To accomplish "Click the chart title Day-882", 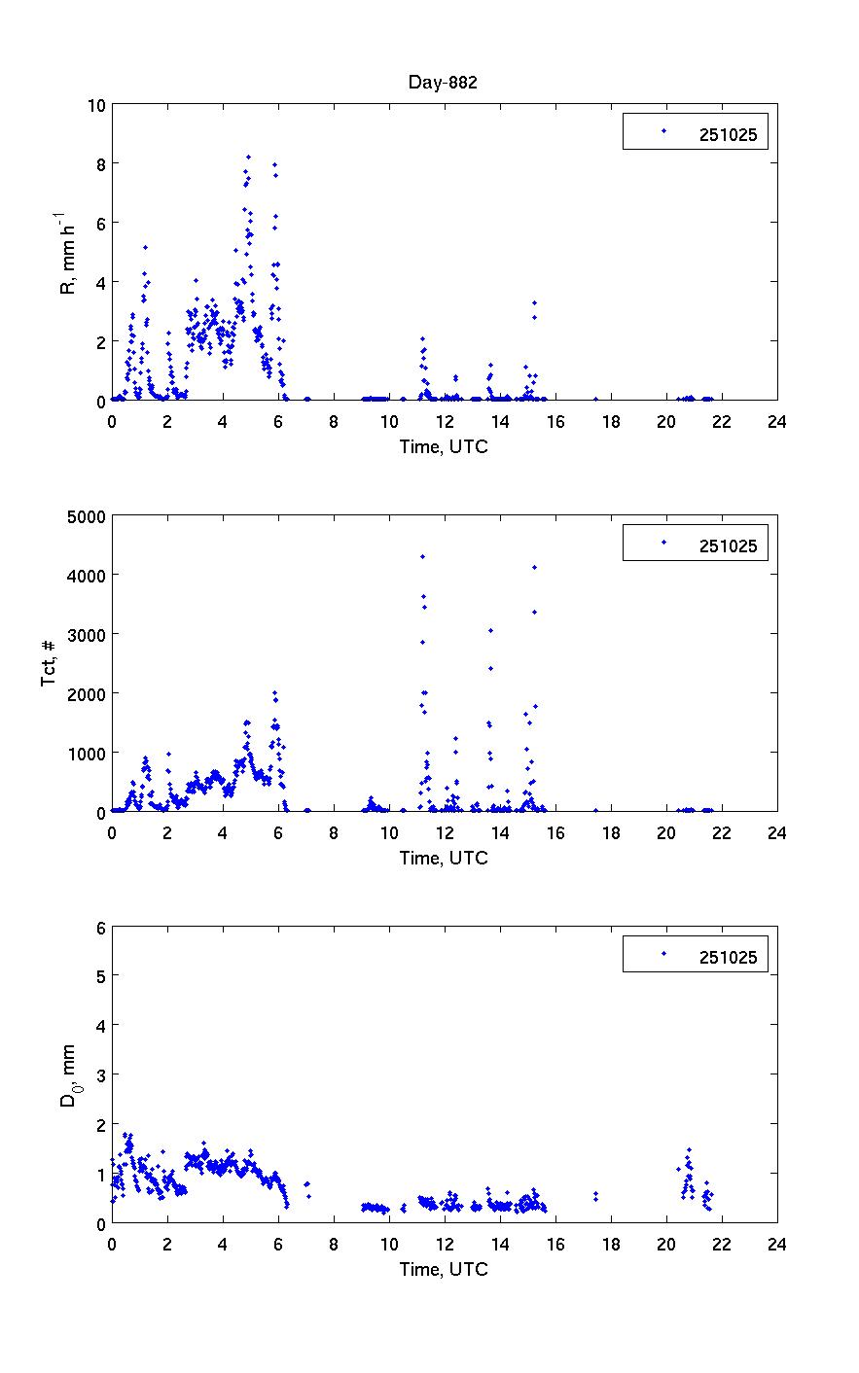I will [443, 83].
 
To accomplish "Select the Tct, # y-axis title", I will [49, 663].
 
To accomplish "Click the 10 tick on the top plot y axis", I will [95, 104].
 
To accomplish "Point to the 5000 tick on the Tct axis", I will [82, 515].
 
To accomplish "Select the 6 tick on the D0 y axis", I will [99, 927].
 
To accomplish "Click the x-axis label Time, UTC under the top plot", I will [444, 446].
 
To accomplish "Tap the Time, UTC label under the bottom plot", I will [444, 1269].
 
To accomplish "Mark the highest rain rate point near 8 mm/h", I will [248, 157].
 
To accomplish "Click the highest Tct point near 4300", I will [422, 556].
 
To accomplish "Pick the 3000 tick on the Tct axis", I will [82, 634].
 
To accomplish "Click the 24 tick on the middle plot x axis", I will [776, 831].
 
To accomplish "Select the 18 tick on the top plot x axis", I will [610, 421].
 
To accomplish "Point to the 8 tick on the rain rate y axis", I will [99, 163].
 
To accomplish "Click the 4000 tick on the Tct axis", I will [82, 575].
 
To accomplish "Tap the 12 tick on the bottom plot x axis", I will [444, 1243].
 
